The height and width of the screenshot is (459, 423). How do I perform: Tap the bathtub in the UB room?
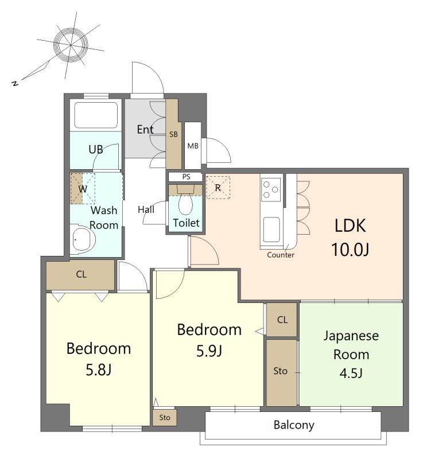[96, 115]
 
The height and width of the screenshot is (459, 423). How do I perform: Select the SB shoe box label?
[173, 134]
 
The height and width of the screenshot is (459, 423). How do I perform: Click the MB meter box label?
[193, 146]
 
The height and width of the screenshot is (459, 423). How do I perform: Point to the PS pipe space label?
[186, 177]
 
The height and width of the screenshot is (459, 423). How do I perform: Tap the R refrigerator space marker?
[218, 188]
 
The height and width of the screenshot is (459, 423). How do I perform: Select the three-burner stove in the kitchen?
[271, 190]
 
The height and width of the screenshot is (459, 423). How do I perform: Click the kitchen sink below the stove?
[271, 229]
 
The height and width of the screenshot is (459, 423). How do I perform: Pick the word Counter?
[281, 255]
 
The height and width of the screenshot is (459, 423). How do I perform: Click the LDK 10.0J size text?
[350, 250]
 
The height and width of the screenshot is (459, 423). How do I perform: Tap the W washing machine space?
[83, 189]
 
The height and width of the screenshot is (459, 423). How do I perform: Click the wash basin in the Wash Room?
[83, 239]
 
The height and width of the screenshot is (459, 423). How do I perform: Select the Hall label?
[146, 209]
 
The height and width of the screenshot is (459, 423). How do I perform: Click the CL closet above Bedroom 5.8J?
[80, 275]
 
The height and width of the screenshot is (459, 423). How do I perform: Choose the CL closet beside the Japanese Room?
[282, 320]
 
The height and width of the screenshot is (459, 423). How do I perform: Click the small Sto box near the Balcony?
[165, 417]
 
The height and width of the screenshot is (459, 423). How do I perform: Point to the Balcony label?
[294, 425]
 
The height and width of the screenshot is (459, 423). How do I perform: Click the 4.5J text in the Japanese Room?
[351, 374]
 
